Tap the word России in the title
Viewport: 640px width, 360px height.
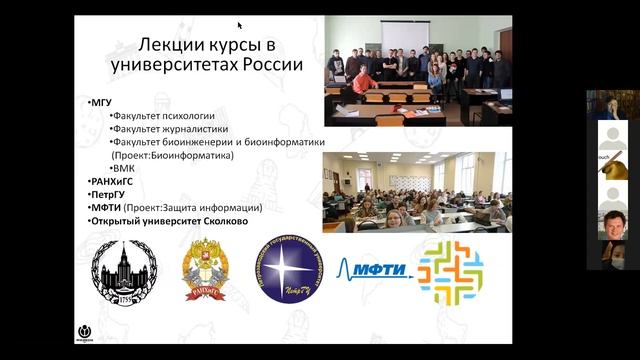[x=271, y=67]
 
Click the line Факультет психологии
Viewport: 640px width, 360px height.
[x=162, y=116]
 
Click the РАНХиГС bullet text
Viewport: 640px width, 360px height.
[x=113, y=181]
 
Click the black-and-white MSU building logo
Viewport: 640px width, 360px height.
[x=124, y=272]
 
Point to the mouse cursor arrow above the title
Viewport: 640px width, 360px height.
[x=240, y=26]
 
